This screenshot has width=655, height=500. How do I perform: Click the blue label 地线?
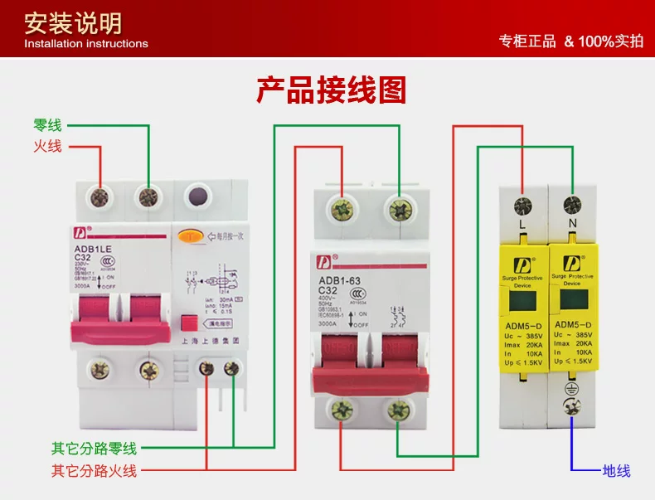tap(616, 471)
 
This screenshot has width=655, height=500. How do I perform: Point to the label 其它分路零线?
tap(94, 449)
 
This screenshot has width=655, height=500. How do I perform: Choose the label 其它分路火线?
tap(94, 471)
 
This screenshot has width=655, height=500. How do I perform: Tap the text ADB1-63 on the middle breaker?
tap(340, 279)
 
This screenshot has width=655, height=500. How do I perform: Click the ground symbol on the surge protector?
tap(571, 388)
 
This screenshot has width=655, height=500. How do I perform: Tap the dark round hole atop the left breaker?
tap(198, 197)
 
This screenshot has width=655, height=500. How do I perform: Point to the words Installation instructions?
tap(86, 43)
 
